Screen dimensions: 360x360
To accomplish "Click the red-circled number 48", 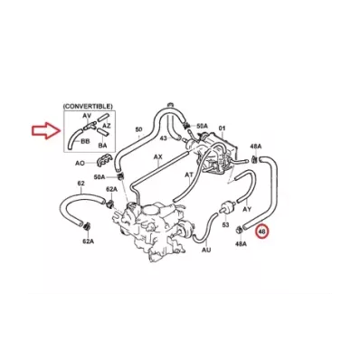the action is [261, 232].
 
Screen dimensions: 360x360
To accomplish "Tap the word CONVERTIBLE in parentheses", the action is [88, 107].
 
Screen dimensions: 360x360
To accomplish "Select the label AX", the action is [157, 157].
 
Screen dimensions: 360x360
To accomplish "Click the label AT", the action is [189, 175].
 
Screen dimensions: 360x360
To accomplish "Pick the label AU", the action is [206, 250].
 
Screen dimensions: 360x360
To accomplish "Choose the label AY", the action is [247, 209].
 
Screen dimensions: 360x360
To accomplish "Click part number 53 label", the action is [225, 225].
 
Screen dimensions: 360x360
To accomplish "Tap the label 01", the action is [222, 128].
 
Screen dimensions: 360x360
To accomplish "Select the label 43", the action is [163, 137].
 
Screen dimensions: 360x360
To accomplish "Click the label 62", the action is [81, 184].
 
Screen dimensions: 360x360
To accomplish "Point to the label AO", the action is [80, 163].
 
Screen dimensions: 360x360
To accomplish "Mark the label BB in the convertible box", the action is [85, 141].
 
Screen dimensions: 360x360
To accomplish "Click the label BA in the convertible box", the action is [102, 146].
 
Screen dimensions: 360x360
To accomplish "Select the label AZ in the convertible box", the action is [107, 125].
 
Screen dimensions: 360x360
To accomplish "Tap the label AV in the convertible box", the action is [87, 116].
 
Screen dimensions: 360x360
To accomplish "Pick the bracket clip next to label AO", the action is [103, 161].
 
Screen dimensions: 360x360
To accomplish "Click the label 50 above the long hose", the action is [138, 129].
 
